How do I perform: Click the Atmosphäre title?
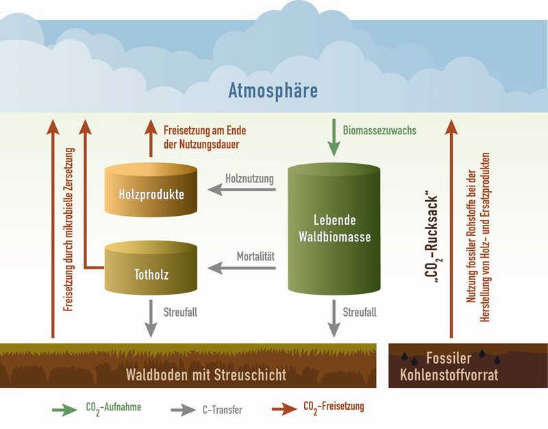pyautogui.click(x=273, y=91)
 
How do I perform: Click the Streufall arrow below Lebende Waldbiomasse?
pyautogui.click(x=334, y=317)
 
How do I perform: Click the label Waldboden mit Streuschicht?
pyautogui.click(x=206, y=375)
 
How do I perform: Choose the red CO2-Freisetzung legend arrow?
pyautogui.click(x=277, y=409)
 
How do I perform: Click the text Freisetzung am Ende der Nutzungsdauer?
pyautogui.click(x=205, y=136)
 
